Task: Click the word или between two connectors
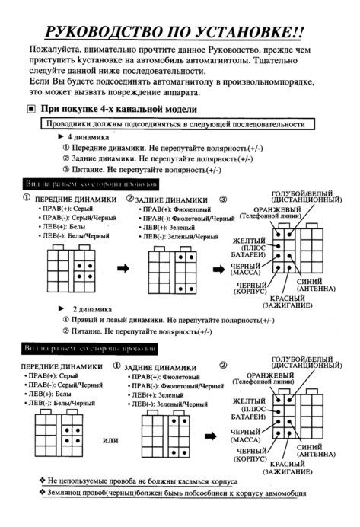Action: coord(111,440)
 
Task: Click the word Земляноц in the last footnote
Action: coord(72,493)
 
